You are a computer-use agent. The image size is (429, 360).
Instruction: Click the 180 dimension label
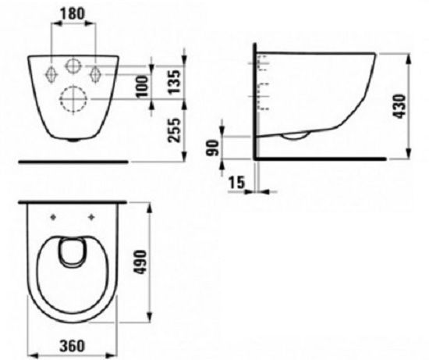coord(73,14)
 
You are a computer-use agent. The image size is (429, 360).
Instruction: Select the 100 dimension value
coord(142,87)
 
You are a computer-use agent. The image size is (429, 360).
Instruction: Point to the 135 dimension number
coord(175,82)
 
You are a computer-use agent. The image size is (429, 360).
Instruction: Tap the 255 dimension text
coord(175,130)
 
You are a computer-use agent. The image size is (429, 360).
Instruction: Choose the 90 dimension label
coord(213,148)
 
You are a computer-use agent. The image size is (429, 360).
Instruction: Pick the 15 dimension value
coord(236,183)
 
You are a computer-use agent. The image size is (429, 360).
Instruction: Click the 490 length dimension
coord(140,262)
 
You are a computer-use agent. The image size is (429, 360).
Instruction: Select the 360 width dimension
coord(73,346)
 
